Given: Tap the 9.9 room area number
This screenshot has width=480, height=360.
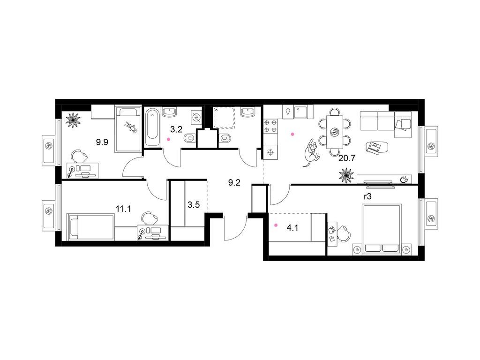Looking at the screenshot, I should (102, 142).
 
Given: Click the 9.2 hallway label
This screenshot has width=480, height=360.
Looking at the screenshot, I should (234, 182).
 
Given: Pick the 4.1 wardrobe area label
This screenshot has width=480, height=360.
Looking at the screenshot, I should (292, 228).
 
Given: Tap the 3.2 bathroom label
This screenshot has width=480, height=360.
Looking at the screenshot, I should (176, 129).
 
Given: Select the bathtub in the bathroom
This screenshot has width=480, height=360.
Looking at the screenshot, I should (153, 127).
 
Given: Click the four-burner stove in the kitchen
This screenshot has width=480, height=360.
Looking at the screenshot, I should (270, 127).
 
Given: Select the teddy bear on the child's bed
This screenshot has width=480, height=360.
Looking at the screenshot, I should (129, 126).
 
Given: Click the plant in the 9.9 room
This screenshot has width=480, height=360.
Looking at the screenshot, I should (74, 120).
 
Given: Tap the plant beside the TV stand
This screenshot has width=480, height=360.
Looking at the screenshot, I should (346, 177).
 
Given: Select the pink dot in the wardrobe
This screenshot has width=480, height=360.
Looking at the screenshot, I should (276, 225).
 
